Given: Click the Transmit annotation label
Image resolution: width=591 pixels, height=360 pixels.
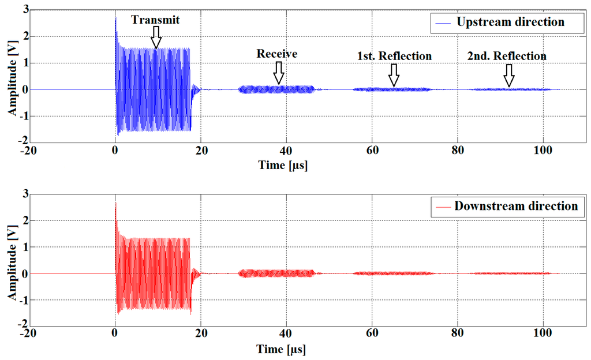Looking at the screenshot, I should click(x=155, y=20).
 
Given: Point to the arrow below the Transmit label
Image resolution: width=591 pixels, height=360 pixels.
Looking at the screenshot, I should click(x=156, y=39).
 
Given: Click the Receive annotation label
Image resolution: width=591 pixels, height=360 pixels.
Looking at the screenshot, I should click(x=277, y=54).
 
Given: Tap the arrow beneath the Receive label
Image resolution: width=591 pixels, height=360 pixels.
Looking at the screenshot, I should click(x=279, y=73).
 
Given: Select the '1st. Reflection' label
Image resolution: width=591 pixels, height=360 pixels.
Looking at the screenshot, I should click(x=394, y=56).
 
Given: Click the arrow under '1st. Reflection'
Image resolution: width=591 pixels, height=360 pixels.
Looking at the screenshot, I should click(x=394, y=75).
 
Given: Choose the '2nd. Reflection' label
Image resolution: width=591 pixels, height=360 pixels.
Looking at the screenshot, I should click(x=507, y=56).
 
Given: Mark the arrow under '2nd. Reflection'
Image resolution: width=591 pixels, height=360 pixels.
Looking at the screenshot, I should click(x=508, y=75).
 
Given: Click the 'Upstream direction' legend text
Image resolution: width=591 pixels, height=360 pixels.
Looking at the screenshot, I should click(x=510, y=22).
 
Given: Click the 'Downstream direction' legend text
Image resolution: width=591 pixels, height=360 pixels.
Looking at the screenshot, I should click(x=516, y=206).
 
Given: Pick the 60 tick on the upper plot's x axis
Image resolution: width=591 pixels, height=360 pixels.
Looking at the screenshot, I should click(x=372, y=153).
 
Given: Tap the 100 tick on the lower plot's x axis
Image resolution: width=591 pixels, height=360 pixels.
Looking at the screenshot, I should click(x=543, y=336).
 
